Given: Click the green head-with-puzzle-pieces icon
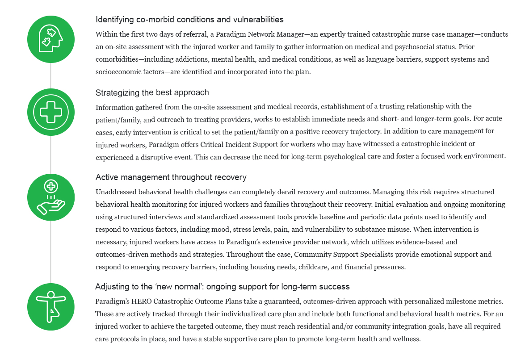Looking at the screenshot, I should tap(50, 40).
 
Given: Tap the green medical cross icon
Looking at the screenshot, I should tap(50, 112).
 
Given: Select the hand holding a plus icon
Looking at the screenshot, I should tap(50, 197).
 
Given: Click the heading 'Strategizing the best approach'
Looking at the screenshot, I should tap(152, 93).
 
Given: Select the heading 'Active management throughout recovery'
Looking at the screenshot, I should tap(171, 177).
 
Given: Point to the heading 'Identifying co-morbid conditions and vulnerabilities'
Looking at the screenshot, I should tap(189, 20).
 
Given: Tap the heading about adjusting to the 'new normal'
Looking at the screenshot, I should tap(222, 286).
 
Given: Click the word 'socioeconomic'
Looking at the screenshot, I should tap(118, 72).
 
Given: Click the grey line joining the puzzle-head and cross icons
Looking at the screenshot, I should tap(50, 75).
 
